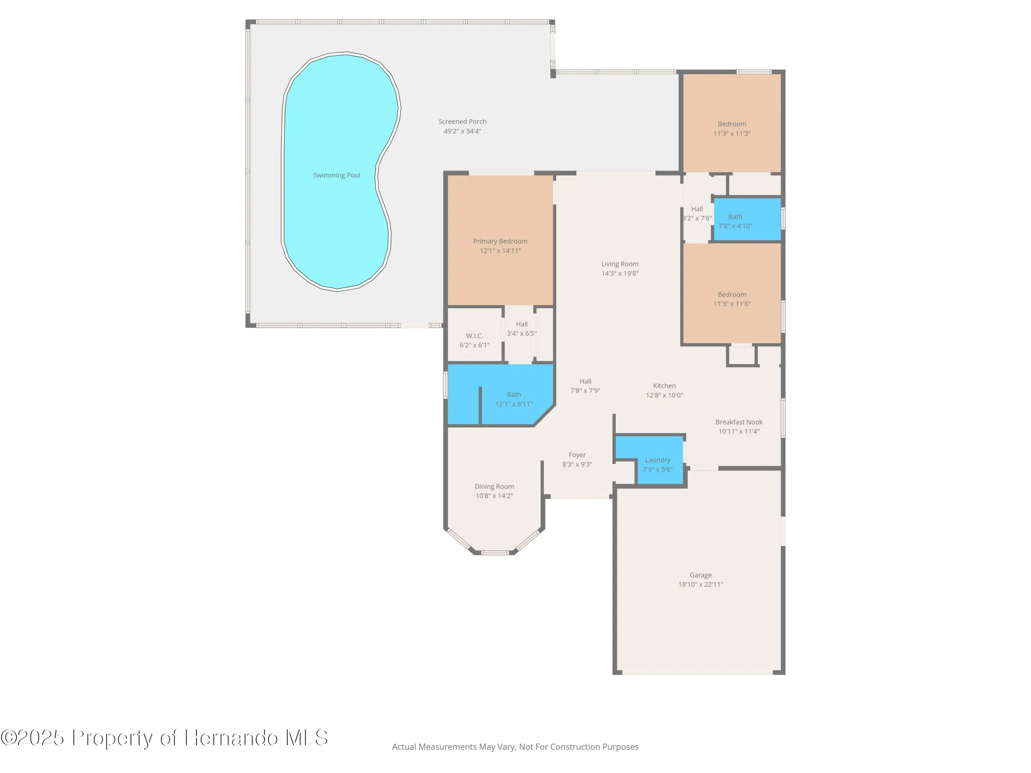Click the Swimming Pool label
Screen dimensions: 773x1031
coord(337,175)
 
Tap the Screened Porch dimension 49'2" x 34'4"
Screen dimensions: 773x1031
coord(462,131)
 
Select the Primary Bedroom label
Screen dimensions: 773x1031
coord(500,241)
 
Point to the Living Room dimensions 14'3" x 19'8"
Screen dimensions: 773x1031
coord(620,274)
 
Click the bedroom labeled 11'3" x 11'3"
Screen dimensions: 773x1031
coord(731,128)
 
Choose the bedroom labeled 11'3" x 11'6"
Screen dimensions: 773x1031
coord(731,299)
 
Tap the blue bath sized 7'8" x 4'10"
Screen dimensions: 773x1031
coord(735,221)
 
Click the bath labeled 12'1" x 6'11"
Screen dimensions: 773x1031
coord(513,399)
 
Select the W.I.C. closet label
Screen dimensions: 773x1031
coord(474,336)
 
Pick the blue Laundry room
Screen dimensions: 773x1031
coord(657,464)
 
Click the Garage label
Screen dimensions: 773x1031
coord(701,575)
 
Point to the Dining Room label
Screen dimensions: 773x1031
coord(494,486)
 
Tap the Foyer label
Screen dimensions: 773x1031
coord(577,455)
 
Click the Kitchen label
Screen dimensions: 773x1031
coord(664,386)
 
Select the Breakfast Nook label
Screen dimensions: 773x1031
coord(739,422)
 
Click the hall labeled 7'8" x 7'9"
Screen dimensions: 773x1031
coord(585,386)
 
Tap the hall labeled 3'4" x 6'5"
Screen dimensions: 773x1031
coord(522,329)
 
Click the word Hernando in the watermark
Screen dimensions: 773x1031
coord(231,738)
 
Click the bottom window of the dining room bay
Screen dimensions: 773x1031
coord(495,553)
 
